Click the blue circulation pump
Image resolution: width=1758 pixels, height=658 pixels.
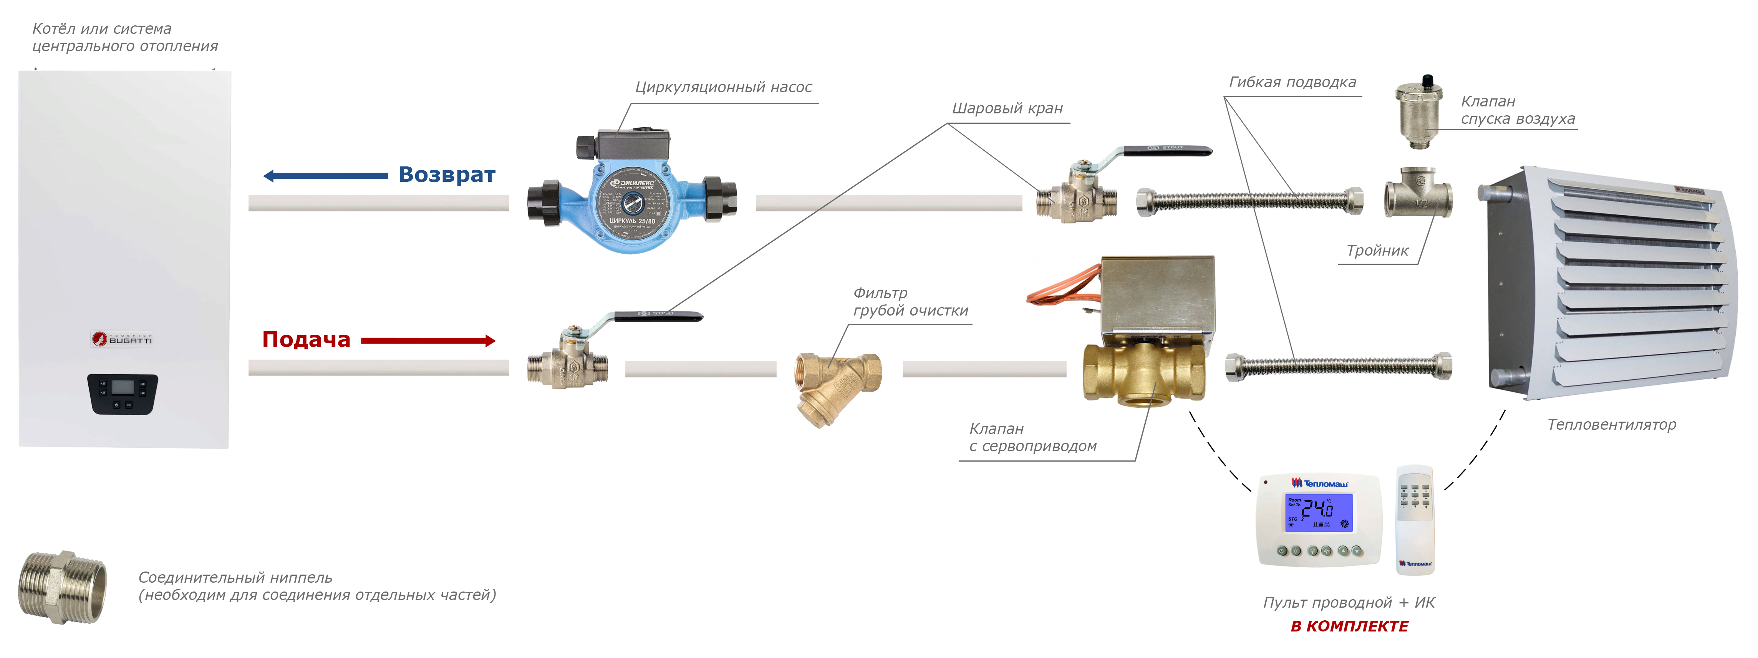[x=632, y=201]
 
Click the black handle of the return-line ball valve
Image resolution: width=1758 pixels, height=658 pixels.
[x=1167, y=150]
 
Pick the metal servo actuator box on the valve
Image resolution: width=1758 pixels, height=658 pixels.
[x=1158, y=297]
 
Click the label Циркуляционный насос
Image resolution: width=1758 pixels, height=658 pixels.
[x=723, y=87]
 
